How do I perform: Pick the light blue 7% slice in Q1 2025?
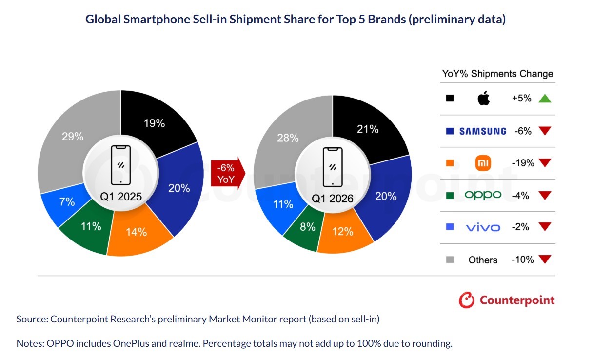[x=63, y=204]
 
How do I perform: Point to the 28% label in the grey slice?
[x=288, y=138]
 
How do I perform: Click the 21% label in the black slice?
[x=368, y=129]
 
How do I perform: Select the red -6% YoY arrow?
[x=226, y=173]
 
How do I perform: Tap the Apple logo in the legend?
[x=483, y=99]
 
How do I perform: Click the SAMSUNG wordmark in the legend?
[x=483, y=131]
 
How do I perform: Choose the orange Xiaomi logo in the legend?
[x=483, y=163]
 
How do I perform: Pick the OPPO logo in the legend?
[x=483, y=195]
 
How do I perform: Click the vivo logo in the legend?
[x=483, y=227]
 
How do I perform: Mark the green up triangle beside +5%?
[x=545, y=99]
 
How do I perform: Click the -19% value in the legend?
[x=523, y=163]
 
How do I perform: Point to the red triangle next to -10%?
[x=545, y=260]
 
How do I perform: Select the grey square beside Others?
[x=450, y=260]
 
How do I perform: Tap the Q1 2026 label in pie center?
[x=333, y=199]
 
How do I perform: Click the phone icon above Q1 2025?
[x=120, y=165]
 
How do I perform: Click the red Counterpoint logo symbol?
[x=467, y=300]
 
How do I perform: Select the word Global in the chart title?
[x=102, y=20]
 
